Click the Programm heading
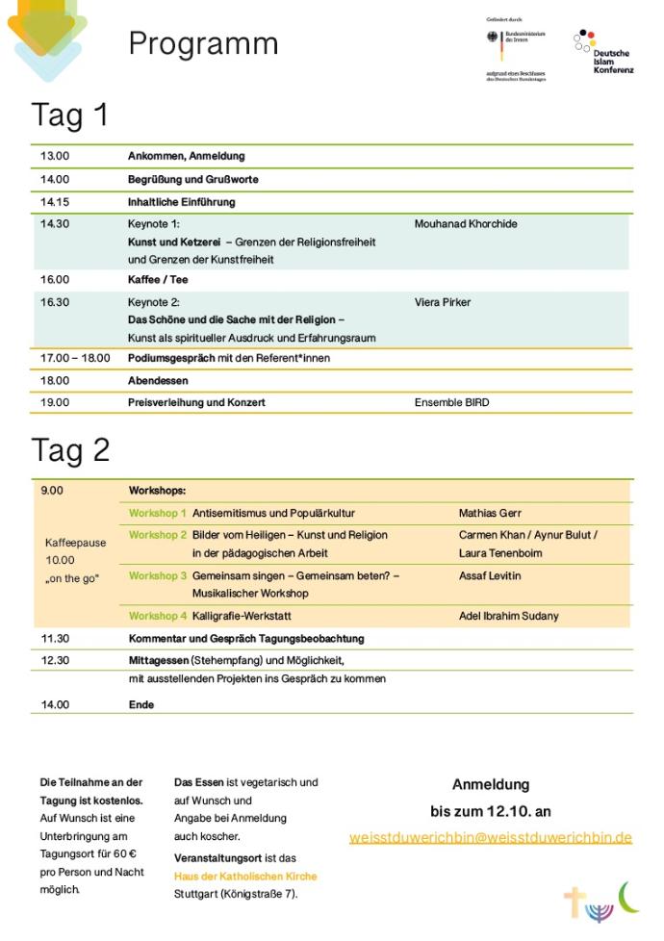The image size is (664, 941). [203, 43]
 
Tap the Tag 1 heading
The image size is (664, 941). [70, 115]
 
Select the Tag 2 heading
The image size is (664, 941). [70, 450]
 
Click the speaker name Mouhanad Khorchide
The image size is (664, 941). [466, 224]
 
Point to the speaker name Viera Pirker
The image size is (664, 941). [443, 302]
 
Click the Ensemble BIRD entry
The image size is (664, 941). [451, 402]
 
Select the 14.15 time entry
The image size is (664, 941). [55, 202]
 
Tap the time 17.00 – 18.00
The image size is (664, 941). [75, 358]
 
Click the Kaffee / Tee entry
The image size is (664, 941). [158, 280]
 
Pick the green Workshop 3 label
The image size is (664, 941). [158, 575]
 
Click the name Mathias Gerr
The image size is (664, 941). [490, 514]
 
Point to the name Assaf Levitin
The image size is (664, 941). [490, 575]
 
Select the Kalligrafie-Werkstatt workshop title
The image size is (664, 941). [242, 616]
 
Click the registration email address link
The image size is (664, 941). [490, 837]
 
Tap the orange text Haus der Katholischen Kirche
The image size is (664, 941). [245, 877]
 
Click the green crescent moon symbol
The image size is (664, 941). [628, 897]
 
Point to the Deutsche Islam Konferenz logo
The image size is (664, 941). [603, 53]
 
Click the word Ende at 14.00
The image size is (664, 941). [141, 704]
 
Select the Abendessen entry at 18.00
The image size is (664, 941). [155, 380]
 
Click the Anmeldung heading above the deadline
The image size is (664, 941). [490, 785]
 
